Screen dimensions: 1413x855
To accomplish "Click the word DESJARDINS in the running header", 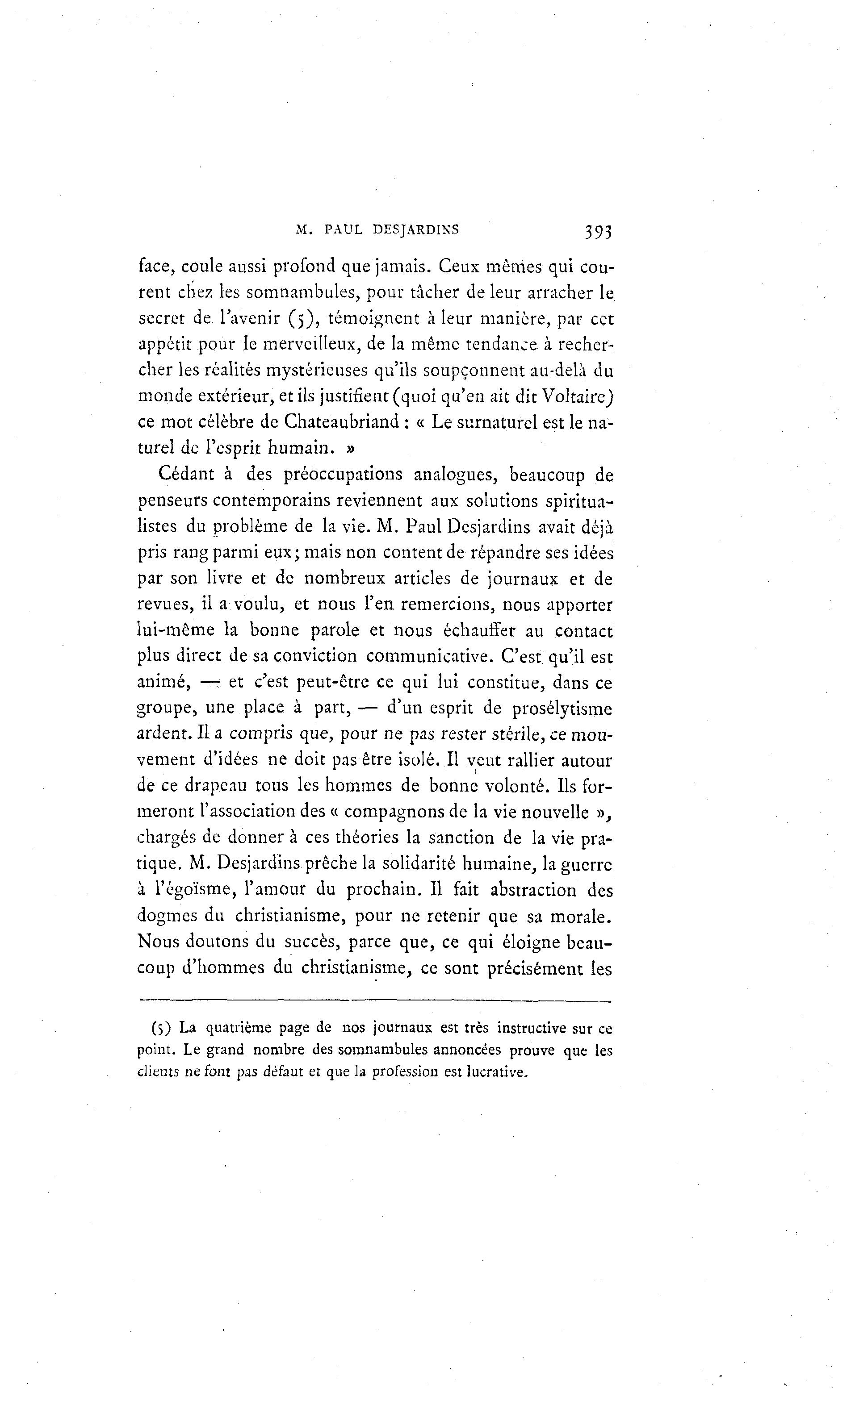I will [x=415, y=230].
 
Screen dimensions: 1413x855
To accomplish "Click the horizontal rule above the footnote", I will [x=375, y=1002].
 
